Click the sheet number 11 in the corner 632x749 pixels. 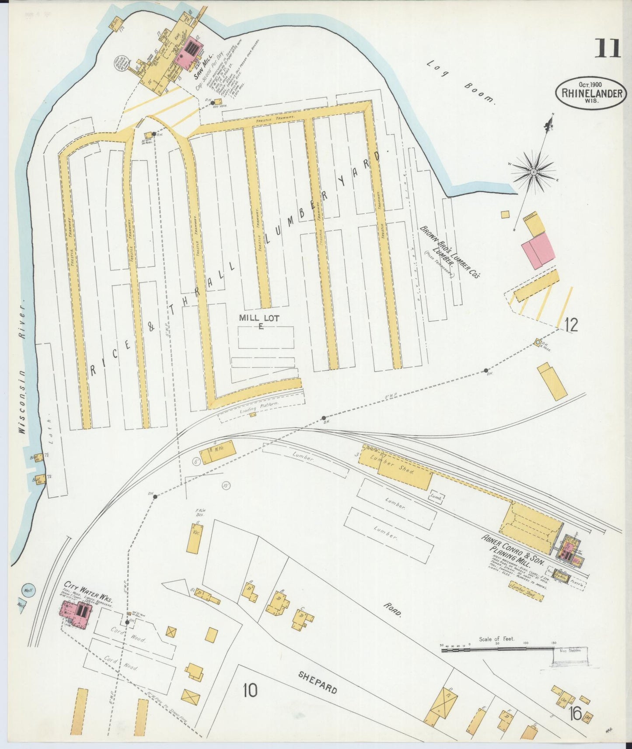[607, 49]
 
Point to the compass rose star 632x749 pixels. [534, 172]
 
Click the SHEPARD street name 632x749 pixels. [318, 683]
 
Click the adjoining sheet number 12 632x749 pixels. [571, 325]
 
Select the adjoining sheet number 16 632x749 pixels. [575, 714]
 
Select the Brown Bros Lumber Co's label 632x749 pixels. [450, 252]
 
